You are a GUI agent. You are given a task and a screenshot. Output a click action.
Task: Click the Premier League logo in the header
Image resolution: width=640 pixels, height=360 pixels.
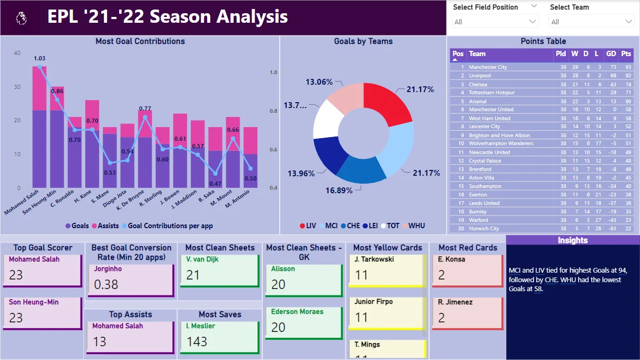[21, 19]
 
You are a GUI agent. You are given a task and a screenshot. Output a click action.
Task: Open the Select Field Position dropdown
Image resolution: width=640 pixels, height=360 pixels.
[495, 22]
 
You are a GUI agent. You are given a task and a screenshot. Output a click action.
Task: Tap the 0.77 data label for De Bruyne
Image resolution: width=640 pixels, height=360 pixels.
[145, 109]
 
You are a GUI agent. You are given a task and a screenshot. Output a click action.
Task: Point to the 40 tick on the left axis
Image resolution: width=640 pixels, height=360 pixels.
[17, 53]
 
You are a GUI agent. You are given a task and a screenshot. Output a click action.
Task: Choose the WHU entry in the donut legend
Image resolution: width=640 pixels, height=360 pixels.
[413, 226]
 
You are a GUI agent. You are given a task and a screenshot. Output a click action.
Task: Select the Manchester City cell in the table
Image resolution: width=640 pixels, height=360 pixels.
[488, 67]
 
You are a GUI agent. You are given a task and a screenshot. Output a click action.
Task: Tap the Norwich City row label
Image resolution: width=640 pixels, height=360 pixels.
[484, 229]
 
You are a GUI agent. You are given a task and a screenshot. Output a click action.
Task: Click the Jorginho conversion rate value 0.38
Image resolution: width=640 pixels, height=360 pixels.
[106, 284]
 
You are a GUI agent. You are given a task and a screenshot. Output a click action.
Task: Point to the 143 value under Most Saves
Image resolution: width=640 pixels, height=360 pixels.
[197, 341]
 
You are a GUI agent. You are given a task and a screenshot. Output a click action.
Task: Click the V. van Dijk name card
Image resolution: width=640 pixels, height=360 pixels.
[202, 259]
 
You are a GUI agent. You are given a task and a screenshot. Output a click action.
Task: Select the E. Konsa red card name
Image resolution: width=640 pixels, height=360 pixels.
[452, 259]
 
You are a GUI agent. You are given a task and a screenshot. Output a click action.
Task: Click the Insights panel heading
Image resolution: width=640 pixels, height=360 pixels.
[573, 240]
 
